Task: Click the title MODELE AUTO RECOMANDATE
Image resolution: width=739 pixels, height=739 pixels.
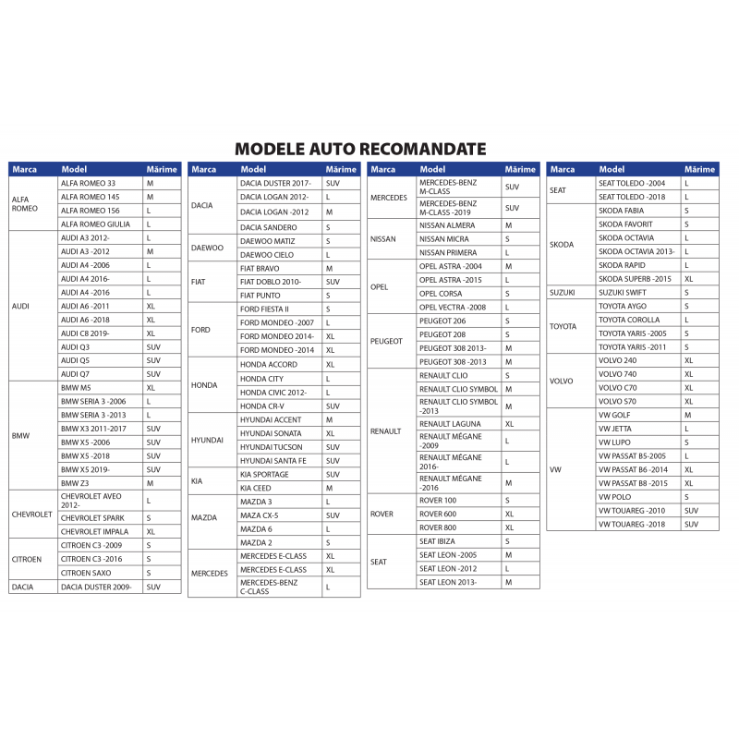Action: (x=360, y=149)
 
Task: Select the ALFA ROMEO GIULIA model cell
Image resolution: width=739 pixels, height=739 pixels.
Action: (x=95, y=224)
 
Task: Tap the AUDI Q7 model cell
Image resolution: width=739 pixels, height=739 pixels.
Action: (x=76, y=374)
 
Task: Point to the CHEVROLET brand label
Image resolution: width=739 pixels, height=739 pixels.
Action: (x=31, y=514)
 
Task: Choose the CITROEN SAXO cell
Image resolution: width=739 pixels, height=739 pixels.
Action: (x=86, y=573)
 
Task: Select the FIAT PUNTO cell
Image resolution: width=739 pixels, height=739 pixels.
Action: (x=260, y=296)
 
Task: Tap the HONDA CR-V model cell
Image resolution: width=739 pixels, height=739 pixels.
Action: (x=262, y=406)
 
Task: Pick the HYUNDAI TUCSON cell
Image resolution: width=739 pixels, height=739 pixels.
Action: (x=272, y=447)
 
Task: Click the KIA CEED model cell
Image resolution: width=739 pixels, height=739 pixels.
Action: (x=256, y=488)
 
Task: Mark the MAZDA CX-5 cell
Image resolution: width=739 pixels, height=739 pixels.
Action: (x=260, y=515)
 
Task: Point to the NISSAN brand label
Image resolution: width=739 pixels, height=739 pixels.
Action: (x=383, y=239)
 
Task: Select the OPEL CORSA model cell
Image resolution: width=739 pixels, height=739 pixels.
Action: (x=442, y=294)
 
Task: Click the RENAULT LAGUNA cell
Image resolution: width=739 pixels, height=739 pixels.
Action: (x=452, y=424)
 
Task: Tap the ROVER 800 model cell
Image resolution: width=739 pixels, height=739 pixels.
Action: (x=438, y=527)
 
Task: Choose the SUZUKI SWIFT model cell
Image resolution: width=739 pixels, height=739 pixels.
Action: (x=623, y=293)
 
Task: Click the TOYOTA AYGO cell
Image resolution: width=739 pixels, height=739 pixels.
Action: (x=623, y=306)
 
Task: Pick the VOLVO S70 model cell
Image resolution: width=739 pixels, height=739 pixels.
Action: (x=618, y=402)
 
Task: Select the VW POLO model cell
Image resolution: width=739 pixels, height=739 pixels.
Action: (x=615, y=497)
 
